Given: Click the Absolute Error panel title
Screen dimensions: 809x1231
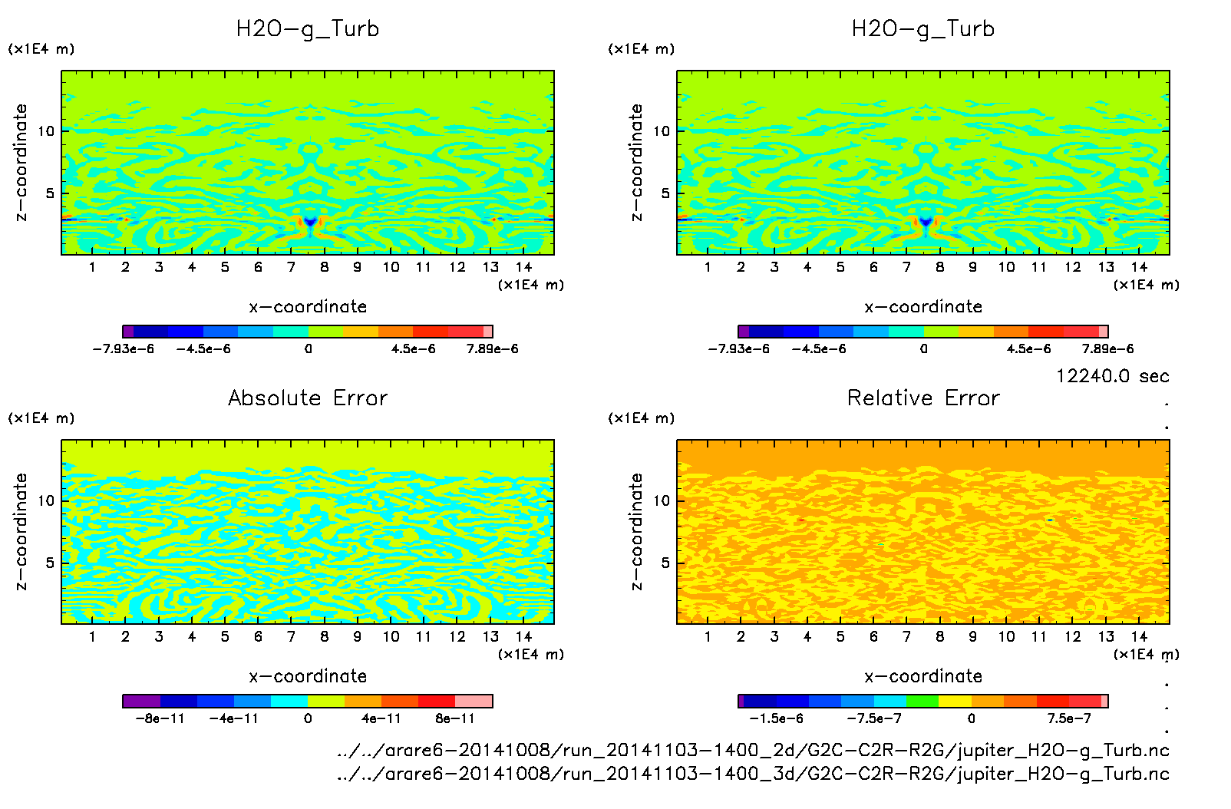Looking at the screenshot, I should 308,398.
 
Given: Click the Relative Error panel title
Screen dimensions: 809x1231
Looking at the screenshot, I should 923,398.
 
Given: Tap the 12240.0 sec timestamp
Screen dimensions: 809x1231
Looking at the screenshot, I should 1112,376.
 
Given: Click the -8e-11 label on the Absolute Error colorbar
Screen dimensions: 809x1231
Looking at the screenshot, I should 160,718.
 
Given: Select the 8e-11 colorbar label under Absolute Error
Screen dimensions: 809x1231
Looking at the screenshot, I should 455,718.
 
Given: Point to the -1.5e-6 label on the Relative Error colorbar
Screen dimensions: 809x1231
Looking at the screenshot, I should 776,718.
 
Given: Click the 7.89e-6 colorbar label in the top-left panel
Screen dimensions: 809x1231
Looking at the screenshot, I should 492,348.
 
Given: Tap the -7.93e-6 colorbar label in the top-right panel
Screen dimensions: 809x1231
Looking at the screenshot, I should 738,348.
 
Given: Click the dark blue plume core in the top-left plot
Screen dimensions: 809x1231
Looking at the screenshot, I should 310,222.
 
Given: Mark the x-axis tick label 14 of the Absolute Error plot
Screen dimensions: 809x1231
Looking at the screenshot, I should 523,636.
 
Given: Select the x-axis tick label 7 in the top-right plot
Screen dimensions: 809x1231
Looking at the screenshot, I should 906,267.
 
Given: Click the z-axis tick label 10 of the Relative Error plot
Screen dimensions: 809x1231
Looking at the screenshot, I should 662,500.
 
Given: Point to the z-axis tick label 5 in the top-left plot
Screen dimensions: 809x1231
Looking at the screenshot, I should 50,193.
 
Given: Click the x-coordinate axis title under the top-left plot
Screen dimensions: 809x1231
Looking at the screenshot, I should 308,307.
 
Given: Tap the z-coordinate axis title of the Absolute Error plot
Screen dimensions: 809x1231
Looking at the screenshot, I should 21,531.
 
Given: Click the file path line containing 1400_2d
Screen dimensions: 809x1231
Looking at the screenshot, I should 753,750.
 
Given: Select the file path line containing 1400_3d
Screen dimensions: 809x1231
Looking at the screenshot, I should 753,774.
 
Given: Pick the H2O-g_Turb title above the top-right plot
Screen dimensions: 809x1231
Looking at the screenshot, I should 923,29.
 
